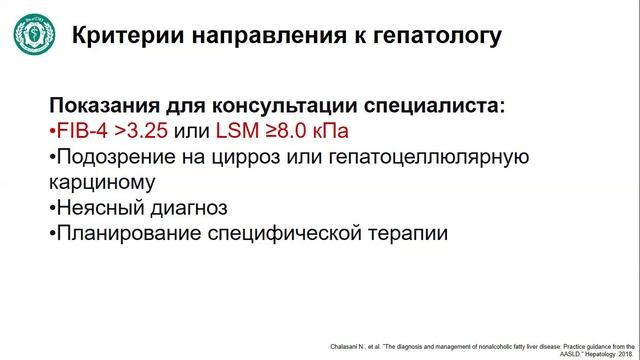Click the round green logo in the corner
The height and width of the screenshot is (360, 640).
(36, 35)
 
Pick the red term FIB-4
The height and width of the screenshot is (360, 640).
(81, 132)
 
